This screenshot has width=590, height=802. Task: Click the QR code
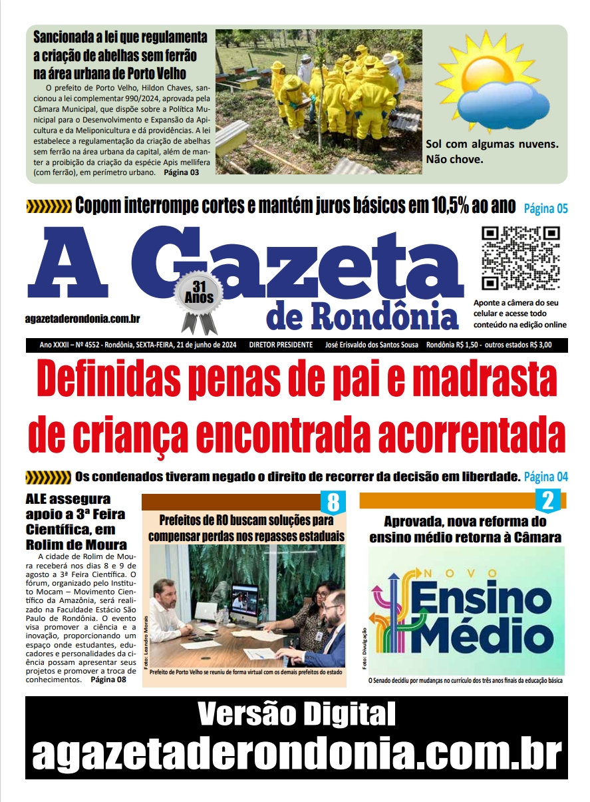click(x=520, y=258)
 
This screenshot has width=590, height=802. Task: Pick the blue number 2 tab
click(x=548, y=501)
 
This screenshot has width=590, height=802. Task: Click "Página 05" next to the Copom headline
click(x=545, y=208)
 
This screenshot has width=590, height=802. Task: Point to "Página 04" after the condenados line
click(x=545, y=477)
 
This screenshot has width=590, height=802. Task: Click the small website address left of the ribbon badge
click(x=82, y=319)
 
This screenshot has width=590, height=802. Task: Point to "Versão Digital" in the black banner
click(x=296, y=716)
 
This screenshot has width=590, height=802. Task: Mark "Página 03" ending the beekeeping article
click(x=181, y=172)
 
